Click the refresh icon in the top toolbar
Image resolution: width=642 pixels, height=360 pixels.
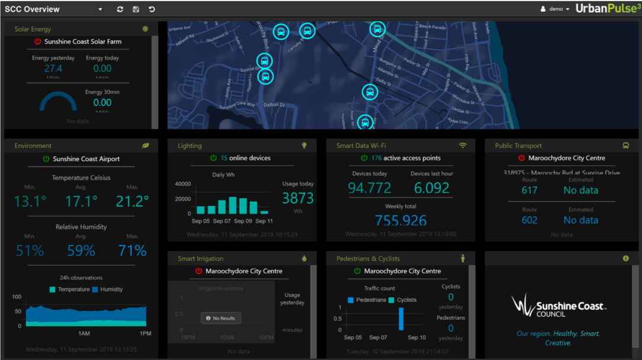point(120,9)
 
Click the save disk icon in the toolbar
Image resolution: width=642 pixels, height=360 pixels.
point(136,9)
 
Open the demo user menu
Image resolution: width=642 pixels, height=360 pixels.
point(555,9)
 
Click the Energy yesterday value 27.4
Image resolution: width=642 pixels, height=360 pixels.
point(53,69)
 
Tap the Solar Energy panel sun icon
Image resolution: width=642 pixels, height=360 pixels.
point(146,29)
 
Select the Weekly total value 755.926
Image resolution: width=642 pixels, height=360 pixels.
point(401,220)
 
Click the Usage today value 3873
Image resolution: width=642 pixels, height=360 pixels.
point(298,198)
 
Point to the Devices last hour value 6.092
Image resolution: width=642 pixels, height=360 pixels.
point(431,188)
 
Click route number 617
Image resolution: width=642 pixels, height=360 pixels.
point(530,190)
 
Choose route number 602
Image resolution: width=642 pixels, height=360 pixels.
point(530,220)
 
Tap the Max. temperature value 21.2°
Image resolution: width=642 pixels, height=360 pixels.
point(132,202)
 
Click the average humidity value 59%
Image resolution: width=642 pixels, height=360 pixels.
point(81,251)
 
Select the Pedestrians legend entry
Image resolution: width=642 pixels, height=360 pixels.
point(367,300)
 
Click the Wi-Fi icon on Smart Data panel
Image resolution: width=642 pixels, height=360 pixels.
point(463,146)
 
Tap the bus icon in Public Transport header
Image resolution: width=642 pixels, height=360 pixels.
point(625,146)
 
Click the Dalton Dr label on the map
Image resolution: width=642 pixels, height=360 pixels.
point(274,105)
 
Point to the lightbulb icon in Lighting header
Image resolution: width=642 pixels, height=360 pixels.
point(304,146)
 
